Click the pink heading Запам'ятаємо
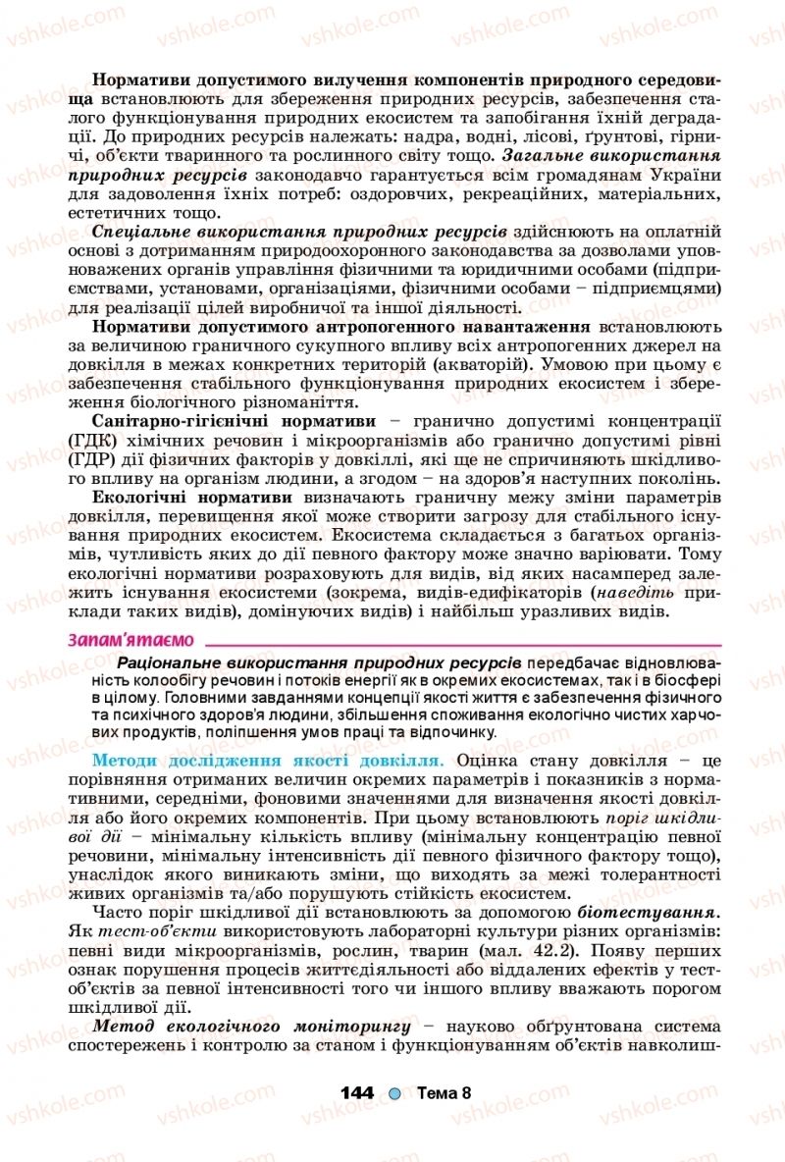[130, 640]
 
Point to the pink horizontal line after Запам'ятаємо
[461, 645]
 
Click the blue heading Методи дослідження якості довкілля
[267, 761]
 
